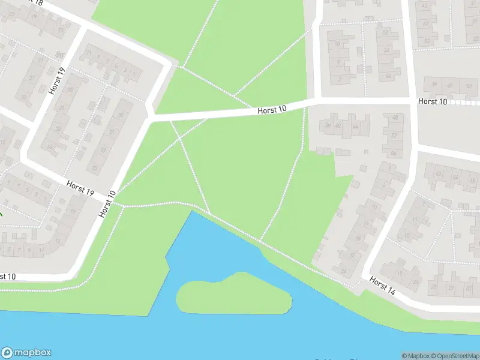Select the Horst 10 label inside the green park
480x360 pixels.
click(x=272, y=109)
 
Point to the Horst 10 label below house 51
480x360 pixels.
click(x=433, y=101)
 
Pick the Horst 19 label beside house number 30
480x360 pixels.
click(x=57, y=81)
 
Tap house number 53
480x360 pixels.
click(x=427, y=41)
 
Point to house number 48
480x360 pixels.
click(x=394, y=118)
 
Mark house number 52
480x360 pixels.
click(x=394, y=136)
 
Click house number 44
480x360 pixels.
click(x=355, y=127)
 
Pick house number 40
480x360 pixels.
click(x=338, y=125)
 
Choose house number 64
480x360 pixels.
click(x=456, y=177)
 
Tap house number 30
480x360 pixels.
click(x=70, y=90)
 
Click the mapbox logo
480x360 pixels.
click(x=26, y=353)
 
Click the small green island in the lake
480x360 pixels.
click(x=234, y=295)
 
